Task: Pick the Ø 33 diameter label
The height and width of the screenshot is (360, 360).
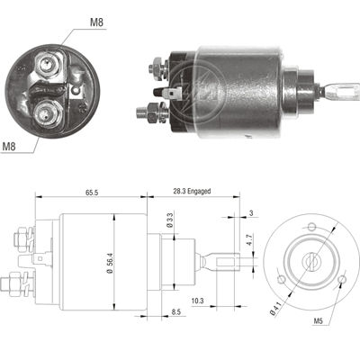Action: (170, 220)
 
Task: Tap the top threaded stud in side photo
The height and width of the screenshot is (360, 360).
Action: (155, 65)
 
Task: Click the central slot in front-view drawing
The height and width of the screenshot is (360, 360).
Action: (311, 258)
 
